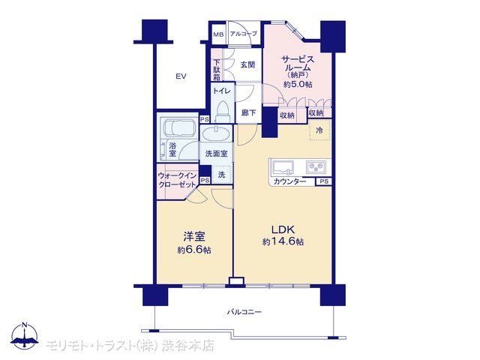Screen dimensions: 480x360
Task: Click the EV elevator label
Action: [x=181, y=76]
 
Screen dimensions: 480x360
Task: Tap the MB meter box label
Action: [x=218, y=34]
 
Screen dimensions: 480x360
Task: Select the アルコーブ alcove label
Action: [x=243, y=34]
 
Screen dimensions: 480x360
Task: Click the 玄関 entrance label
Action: [x=247, y=65]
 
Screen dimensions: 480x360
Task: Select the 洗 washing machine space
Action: [x=222, y=175]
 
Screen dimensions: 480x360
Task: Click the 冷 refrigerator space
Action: [x=320, y=130]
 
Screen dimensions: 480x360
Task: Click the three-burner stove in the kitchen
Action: [x=316, y=167]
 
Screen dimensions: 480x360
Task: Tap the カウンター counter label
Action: [x=289, y=181]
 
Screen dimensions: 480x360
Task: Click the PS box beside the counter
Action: [x=323, y=181]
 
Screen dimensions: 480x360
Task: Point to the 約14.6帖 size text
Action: [x=283, y=241]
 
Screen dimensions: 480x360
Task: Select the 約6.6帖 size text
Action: [x=194, y=250]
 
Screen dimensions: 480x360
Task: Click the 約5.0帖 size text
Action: [x=298, y=85]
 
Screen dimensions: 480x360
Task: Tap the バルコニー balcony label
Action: [x=244, y=312]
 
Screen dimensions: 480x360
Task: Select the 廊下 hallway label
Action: [x=248, y=113]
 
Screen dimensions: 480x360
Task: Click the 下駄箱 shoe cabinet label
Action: [x=217, y=70]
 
